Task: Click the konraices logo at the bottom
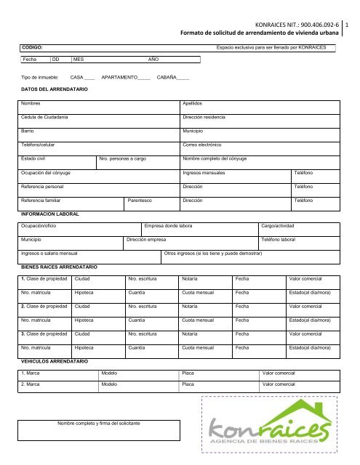269,433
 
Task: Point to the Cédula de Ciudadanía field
98,118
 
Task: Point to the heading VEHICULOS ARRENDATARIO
55,360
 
